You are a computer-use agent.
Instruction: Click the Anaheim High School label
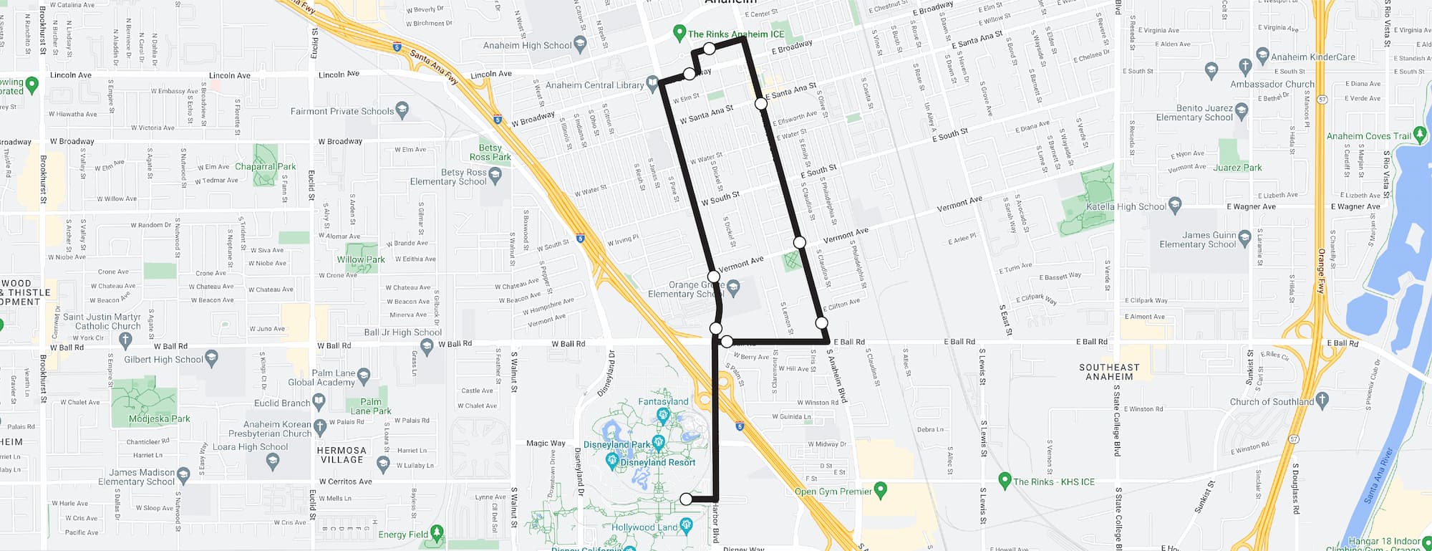pyautogui.click(x=527, y=45)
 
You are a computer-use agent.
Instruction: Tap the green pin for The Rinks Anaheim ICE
pyautogui.click(x=679, y=33)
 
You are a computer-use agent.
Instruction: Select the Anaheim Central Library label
pyautogui.click(x=594, y=85)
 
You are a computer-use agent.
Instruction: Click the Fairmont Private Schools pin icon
pyautogui.click(x=402, y=110)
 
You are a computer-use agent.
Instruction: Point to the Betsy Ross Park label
pyautogui.click(x=490, y=153)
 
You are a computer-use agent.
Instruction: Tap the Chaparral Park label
pyautogui.click(x=265, y=166)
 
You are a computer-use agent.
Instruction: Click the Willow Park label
pyautogui.click(x=361, y=259)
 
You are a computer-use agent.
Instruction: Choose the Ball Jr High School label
pyautogui.click(x=402, y=332)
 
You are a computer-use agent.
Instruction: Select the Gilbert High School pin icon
pyautogui.click(x=211, y=358)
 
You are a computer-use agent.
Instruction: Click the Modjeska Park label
pyautogui.click(x=159, y=418)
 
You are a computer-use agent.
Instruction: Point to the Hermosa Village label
pyautogui.click(x=342, y=455)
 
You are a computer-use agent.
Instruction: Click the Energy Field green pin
pyautogui.click(x=437, y=533)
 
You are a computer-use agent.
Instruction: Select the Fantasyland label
pyautogui.click(x=663, y=402)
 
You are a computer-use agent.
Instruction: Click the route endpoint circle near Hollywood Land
pyautogui.click(x=686, y=499)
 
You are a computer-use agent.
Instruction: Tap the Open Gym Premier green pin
pyautogui.click(x=881, y=490)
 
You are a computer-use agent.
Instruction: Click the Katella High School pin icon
pyautogui.click(x=1174, y=206)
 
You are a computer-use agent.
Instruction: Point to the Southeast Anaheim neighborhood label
pyautogui.click(x=1109, y=372)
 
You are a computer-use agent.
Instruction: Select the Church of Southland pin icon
pyautogui.click(x=1322, y=400)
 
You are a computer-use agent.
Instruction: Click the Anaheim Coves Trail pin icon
pyautogui.click(x=1421, y=135)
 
